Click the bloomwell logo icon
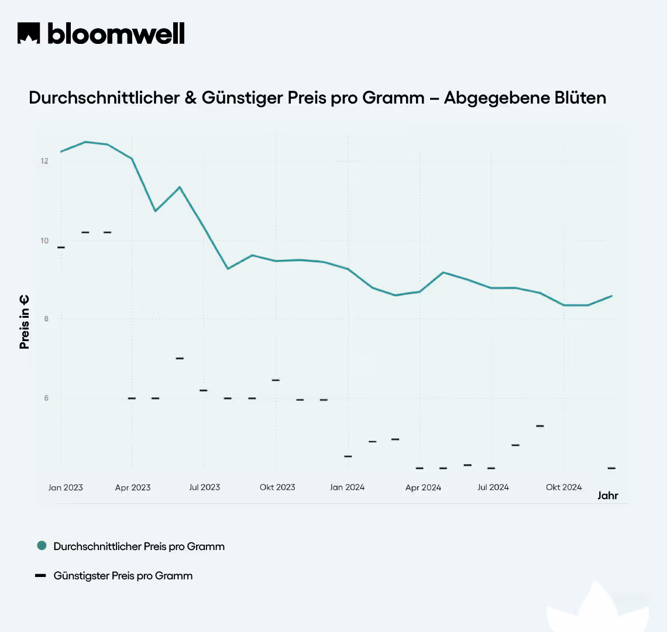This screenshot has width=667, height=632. (29, 33)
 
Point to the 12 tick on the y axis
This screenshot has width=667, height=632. (44, 161)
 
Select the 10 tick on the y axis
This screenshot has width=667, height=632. (44, 241)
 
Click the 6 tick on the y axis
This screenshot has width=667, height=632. (45, 399)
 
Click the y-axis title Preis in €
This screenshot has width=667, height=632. (25, 322)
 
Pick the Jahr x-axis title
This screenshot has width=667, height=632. (607, 496)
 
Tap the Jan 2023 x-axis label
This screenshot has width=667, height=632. (66, 487)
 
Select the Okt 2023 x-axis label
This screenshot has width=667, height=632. (277, 487)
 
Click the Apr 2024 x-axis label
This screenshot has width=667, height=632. (423, 487)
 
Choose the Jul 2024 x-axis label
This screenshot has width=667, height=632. (493, 487)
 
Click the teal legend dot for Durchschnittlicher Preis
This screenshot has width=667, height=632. (42, 545)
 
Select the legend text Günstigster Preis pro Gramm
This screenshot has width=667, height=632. (123, 576)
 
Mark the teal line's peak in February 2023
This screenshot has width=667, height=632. (85, 142)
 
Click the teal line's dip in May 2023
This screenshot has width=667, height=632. (155, 211)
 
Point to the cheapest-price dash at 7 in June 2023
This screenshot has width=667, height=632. (180, 358)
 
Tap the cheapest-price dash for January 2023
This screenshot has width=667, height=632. (61, 248)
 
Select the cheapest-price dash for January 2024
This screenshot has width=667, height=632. (348, 456)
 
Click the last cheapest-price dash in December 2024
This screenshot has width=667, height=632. (611, 468)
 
